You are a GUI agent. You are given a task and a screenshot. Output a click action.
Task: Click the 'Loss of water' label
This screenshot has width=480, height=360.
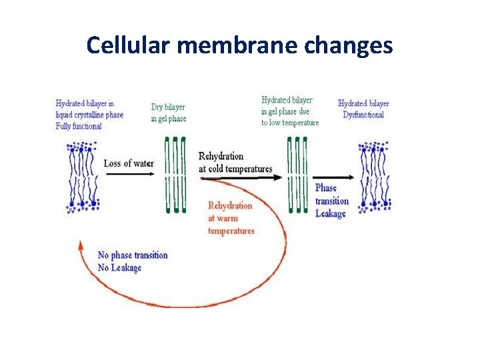(129, 163)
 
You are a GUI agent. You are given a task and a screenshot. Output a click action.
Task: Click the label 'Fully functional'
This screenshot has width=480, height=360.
(79, 126)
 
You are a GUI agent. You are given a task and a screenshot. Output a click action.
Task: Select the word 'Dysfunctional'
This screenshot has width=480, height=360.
(363, 115)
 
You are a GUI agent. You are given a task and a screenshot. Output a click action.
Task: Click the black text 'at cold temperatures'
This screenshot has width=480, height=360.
(235, 169)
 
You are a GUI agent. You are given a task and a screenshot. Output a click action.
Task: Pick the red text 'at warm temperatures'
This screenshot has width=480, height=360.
(231, 225)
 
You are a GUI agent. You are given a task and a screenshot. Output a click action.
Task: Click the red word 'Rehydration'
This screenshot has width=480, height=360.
(230, 205)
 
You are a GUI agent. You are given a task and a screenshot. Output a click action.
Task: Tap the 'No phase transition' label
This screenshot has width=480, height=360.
(133, 255)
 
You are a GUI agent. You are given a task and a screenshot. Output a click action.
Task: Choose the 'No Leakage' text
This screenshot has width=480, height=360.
(120, 267)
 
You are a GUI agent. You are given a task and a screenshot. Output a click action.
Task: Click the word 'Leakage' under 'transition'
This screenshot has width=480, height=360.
(331, 213)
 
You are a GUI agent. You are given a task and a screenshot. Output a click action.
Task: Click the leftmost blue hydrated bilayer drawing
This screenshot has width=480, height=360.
(83, 177)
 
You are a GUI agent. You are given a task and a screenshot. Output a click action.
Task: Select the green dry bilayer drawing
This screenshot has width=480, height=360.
(175, 175)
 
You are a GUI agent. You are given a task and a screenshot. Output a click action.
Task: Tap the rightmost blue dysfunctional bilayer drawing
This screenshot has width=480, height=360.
(374, 177)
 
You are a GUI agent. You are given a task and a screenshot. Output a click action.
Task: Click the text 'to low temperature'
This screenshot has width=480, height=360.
(290, 123)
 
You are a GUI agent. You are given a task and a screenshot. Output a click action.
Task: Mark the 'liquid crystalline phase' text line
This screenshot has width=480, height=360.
(89, 115)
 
